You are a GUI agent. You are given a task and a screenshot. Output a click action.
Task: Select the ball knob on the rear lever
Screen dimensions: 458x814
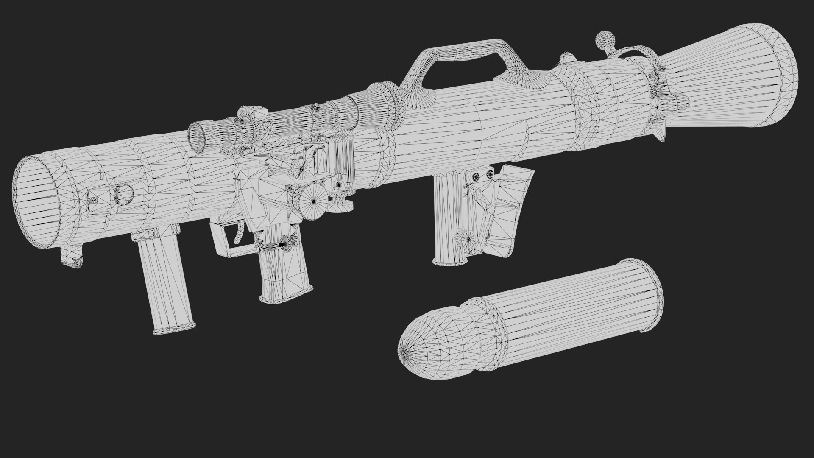click(604, 40)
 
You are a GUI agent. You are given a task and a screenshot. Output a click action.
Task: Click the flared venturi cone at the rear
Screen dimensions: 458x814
click(729, 76)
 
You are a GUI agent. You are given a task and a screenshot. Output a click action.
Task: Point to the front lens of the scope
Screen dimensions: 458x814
click(198, 137)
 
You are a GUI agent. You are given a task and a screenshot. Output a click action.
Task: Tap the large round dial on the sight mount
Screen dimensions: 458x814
click(314, 201)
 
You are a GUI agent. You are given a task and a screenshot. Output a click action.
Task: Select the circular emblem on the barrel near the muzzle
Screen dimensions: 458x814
click(123, 194)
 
